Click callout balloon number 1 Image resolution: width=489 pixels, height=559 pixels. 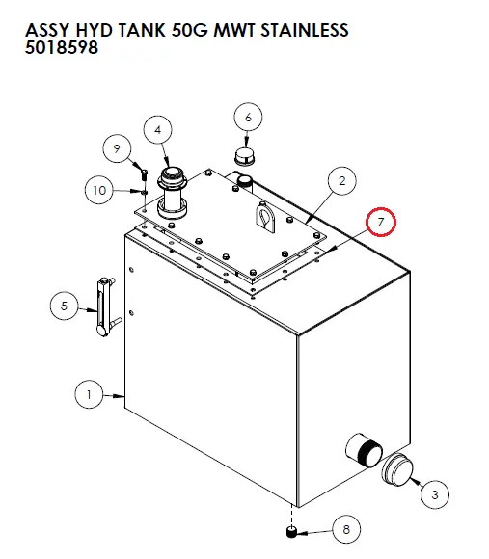pyautogui.click(x=90, y=393)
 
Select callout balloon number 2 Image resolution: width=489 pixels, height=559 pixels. pyautogui.click(x=340, y=179)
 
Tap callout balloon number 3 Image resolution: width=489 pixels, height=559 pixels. pyautogui.click(x=434, y=494)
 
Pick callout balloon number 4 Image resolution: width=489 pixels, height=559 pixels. pyautogui.click(x=158, y=130)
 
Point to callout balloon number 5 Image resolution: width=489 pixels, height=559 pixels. pyautogui.click(x=64, y=306)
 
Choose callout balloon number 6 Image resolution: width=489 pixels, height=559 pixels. pyautogui.click(x=248, y=118)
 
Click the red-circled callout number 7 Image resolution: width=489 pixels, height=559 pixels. pyautogui.click(x=382, y=223)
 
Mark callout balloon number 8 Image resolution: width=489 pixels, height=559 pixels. pyautogui.click(x=346, y=528)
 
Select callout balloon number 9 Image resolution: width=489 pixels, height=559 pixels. pyautogui.click(x=117, y=149)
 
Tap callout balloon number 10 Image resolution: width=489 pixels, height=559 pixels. pyautogui.click(x=98, y=190)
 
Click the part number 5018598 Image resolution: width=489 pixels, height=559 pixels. pyautogui.click(x=62, y=47)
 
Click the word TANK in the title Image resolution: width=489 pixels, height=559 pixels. pyautogui.click(x=142, y=30)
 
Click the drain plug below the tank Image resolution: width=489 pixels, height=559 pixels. pyautogui.click(x=292, y=531)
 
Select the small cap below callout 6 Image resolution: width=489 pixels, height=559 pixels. pyautogui.click(x=244, y=155)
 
